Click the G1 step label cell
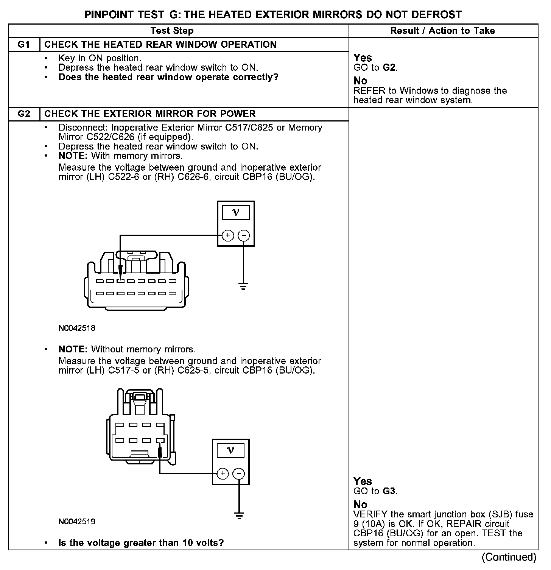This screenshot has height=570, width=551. [x=24, y=45]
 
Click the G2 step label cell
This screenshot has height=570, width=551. [x=24, y=114]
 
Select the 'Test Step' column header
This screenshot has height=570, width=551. [x=172, y=31]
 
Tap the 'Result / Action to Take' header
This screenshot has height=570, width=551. [x=442, y=31]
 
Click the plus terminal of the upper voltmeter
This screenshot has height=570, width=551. [x=227, y=235]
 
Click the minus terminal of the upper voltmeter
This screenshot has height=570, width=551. [x=244, y=235]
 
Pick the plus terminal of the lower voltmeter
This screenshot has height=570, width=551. [x=223, y=473]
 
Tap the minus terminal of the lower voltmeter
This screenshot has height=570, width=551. [x=239, y=473]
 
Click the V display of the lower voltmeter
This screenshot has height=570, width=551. [x=230, y=450]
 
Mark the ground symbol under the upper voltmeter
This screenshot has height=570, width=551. [x=243, y=286]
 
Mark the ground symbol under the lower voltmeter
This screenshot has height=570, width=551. [x=239, y=515]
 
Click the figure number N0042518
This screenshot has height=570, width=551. [x=77, y=328]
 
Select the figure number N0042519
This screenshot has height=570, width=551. [x=77, y=522]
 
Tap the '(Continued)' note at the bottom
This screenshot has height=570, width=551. [x=509, y=557]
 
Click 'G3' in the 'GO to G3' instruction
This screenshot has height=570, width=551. [x=389, y=491]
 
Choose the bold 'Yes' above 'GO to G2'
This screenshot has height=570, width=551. [x=363, y=58]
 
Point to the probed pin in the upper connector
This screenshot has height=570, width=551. [x=120, y=281]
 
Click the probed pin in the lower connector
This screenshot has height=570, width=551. [x=160, y=441]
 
